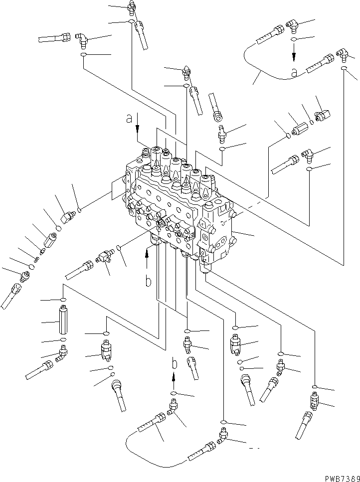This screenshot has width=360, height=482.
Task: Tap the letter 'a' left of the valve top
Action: (130, 119)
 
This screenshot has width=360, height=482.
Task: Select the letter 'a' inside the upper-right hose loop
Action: (294, 73)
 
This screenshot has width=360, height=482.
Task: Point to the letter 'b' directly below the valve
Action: (148, 282)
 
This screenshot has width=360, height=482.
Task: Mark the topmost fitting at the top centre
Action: (132, 6)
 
